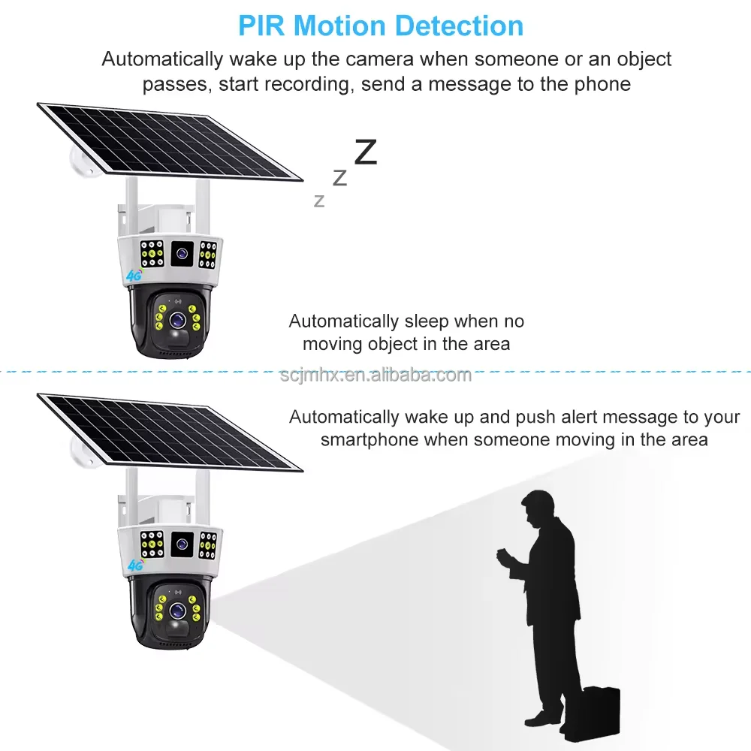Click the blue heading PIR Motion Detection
[x=381, y=26]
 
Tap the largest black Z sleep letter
[x=366, y=152]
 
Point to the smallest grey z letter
[x=319, y=201]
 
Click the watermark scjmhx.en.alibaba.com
[x=375, y=375]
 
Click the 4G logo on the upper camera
[x=134, y=276]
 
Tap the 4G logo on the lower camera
[x=136, y=565]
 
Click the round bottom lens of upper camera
[x=178, y=318]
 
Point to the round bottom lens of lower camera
[x=178, y=610]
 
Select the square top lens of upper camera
[x=181, y=255]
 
